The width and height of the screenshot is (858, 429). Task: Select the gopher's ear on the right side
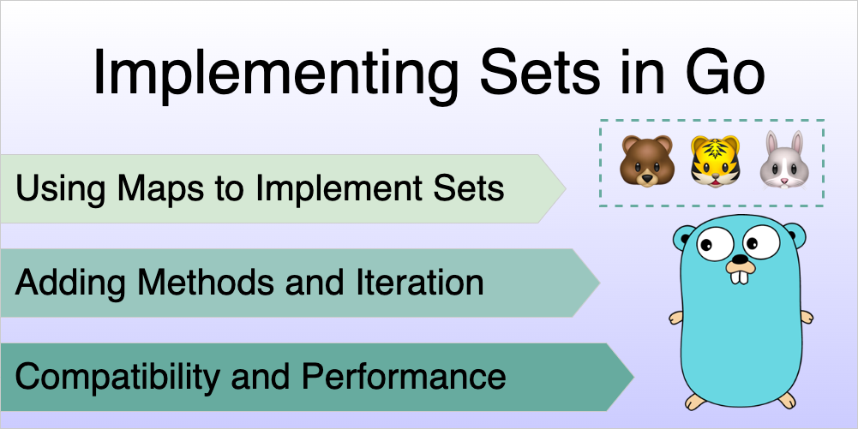coord(796,233)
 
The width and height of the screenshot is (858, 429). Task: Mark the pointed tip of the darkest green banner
coord(633,377)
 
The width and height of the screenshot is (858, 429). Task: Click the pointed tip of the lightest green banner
coord(566,188)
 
